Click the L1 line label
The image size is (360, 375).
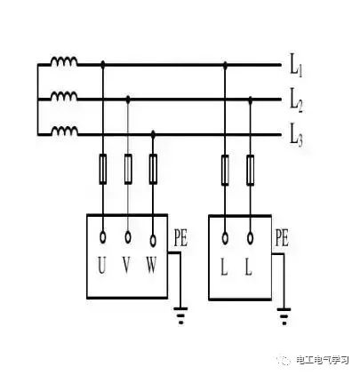296,68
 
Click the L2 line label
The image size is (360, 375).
296,103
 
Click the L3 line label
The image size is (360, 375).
296,138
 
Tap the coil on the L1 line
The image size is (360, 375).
64,61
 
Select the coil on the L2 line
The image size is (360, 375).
64,96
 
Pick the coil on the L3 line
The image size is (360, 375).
65,131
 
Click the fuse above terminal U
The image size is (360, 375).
102,169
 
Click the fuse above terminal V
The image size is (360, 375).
128,169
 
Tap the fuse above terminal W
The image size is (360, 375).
153,169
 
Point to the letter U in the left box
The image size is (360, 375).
102,266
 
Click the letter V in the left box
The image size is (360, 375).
127,266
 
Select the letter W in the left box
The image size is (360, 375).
151,266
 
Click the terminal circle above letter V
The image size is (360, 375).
128,237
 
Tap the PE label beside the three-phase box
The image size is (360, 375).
180,238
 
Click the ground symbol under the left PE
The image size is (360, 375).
180,315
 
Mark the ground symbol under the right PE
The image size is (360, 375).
284,316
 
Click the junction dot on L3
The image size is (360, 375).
153,134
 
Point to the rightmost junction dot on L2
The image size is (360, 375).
251,100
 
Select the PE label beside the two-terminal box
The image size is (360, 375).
282,238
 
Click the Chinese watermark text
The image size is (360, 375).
323,360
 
